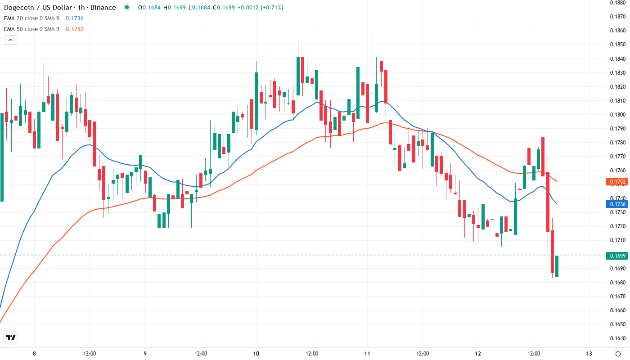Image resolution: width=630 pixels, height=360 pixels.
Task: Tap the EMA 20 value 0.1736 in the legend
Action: [x=74, y=18]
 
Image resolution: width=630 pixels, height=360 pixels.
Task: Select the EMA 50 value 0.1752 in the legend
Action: [x=74, y=29]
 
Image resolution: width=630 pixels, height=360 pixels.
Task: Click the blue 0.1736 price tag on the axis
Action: [x=617, y=204]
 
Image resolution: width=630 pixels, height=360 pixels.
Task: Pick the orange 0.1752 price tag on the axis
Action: [x=617, y=182]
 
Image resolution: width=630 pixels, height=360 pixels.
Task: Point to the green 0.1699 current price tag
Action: [x=617, y=256]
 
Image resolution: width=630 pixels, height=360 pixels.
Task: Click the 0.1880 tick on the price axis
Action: [x=617, y=2]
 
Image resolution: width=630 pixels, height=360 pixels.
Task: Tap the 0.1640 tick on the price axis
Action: [x=617, y=338]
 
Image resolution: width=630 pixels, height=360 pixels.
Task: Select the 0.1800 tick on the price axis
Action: [x=617, y=114]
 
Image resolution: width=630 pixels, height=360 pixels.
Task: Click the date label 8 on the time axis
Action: [x=34, y=353]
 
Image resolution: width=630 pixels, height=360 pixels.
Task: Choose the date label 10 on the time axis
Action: [x=256, y=353]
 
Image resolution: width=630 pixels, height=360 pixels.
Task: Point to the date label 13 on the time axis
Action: [x=589, y=353]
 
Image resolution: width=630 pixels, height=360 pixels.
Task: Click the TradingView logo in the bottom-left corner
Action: [x=11, y=337]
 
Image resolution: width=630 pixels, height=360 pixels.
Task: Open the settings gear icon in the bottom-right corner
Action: [x=619, y=353]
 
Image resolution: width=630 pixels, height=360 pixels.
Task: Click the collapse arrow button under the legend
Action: [x=10, y=40]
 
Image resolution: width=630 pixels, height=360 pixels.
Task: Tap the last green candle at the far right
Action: [x=557, y=266]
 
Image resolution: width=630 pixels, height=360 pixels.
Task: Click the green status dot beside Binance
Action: [x=127, y=7]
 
